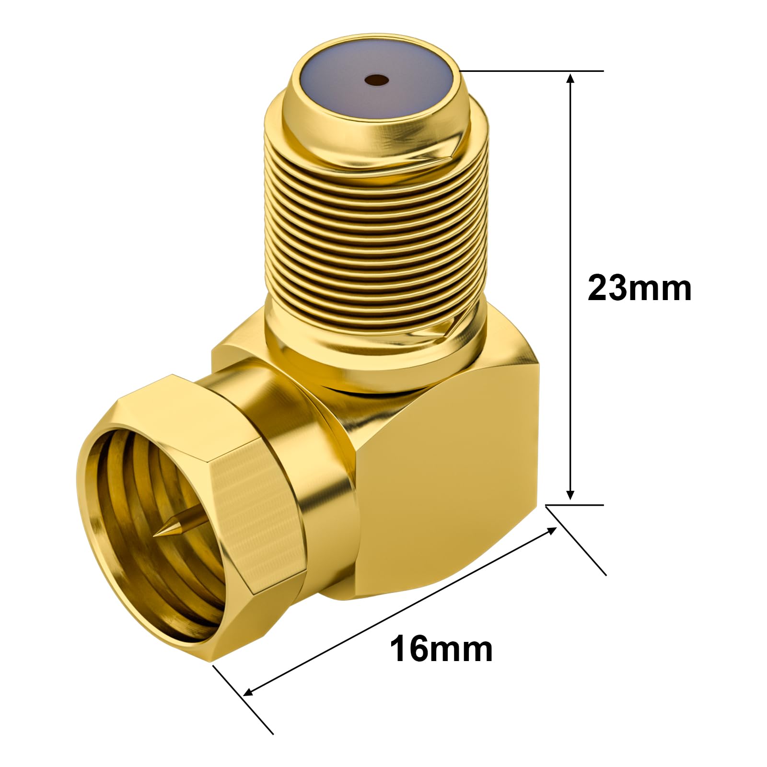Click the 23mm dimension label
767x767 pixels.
639,288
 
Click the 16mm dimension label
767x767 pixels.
441,649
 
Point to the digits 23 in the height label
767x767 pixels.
606,288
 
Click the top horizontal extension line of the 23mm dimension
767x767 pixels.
532,71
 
